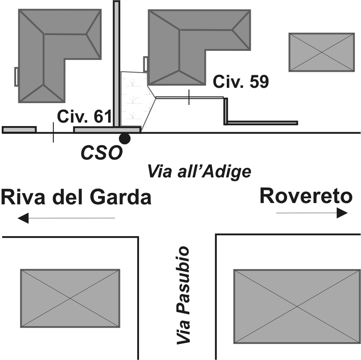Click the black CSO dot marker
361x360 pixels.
[125, 139]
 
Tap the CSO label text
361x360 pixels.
[101, 153]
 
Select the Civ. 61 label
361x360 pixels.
[85, 117]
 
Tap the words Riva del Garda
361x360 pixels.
[76, 197]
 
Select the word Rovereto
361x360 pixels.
[306, 196]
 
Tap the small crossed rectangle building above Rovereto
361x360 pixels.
[321, 52]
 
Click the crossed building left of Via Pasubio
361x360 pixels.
[70, 298]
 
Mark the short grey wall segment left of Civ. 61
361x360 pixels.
[19, 130]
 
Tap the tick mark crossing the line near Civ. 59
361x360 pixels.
[189, 97]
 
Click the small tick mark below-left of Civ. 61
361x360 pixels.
[53, 133]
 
